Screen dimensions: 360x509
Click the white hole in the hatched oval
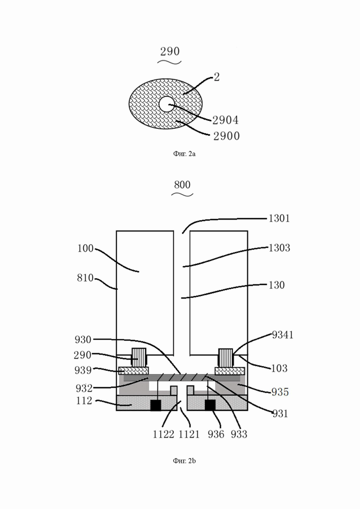tap(167, 104)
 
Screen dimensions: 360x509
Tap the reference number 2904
tap(225, 120)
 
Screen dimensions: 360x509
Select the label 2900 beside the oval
tap(226, 136)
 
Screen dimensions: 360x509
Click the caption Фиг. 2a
tap(184, 154)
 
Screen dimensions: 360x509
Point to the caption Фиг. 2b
tap(184, 461)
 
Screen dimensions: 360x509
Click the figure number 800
tap(182, 185)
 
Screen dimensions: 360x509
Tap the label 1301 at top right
tap(279, 218)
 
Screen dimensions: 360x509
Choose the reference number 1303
tap(279, 248)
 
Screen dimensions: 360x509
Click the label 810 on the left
tap(85, 278)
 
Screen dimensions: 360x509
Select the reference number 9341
tap(282, 335)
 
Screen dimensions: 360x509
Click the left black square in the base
tap(156, 405)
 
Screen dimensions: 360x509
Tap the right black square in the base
tap(210, 405)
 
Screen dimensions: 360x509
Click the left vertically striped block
tap(138, 358)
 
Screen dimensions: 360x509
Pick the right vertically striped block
tap(226, 358)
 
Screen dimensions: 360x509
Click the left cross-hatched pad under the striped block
tap(134, 371)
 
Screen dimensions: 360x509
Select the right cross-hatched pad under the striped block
tap(230, 371)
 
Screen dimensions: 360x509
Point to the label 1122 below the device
tap(163, 434)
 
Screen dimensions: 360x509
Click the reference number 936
tap(216, 434)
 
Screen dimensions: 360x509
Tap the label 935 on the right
tap(280, 392)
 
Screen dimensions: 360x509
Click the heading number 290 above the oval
tap(170, 51)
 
